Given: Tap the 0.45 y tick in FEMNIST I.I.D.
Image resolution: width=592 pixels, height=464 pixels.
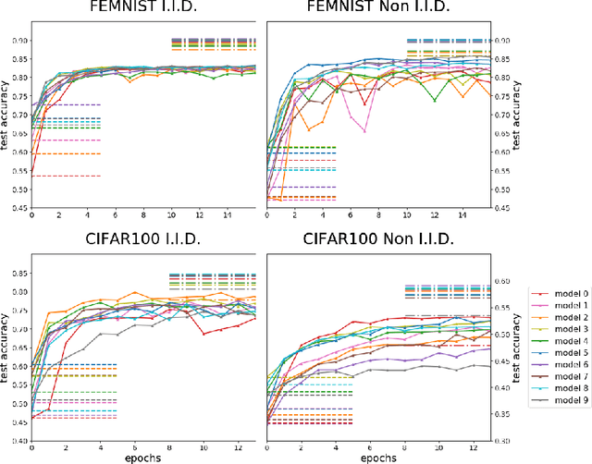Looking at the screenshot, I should [16, 208].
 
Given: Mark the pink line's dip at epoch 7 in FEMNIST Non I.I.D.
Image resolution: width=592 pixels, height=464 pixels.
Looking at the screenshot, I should [364, 131].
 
